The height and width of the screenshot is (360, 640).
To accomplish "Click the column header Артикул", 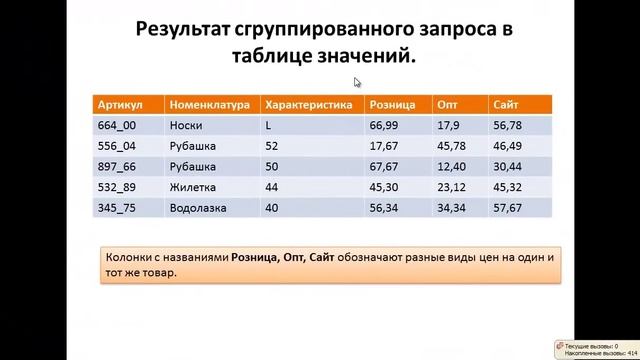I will pos(121,104).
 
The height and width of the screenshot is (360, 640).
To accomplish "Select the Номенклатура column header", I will pos(209,104).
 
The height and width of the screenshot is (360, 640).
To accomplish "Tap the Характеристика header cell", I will pos(308,104).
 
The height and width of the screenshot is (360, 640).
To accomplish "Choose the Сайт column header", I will pos(505,104).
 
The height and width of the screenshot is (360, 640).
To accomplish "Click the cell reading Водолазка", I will pos(198,208).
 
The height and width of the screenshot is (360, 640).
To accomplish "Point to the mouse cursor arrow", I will pos(356,82).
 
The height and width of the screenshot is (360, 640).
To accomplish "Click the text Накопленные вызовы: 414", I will pos(598,353).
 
